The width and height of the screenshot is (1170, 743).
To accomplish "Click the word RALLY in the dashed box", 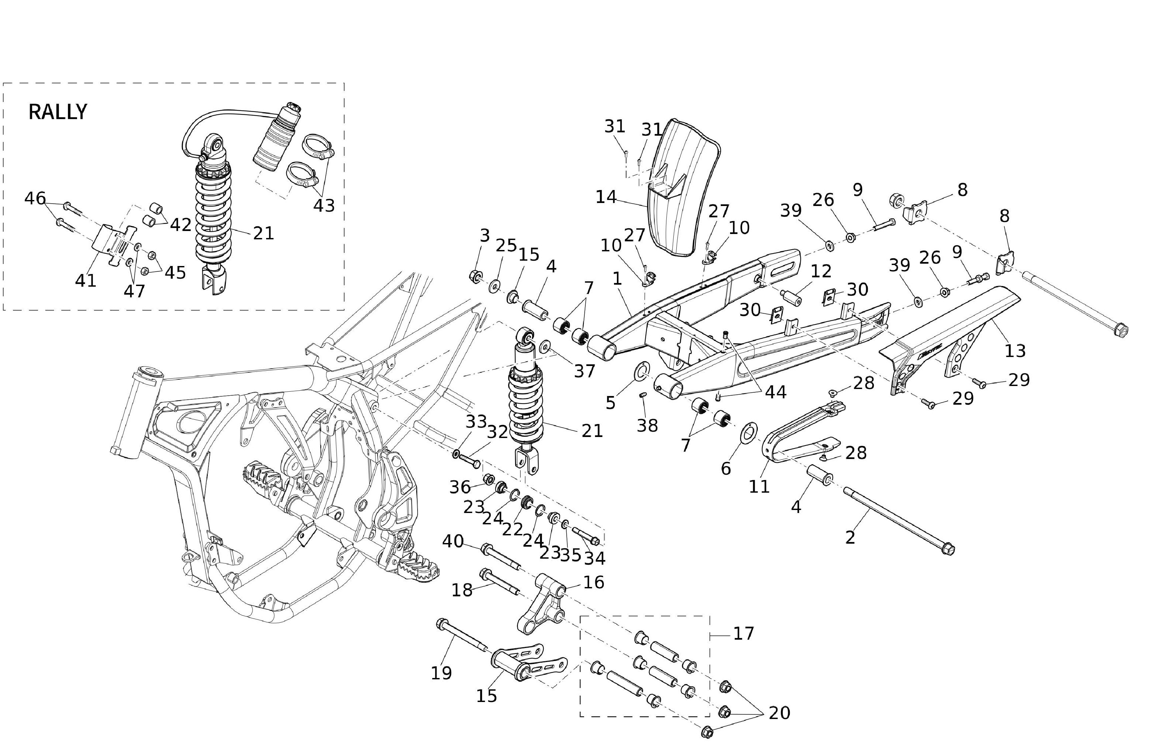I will click(58, 112).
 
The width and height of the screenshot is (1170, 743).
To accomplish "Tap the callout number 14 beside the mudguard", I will click(606, 197).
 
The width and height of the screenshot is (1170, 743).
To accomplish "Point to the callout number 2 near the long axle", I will click(850, 538).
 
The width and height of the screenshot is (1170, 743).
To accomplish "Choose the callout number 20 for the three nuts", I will click(779, 713).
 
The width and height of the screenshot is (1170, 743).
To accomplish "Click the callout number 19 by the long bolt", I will click(441, 673).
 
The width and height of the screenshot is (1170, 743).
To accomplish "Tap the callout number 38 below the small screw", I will click(647, 425).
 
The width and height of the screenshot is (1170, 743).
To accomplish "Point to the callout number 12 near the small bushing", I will click(821, 271).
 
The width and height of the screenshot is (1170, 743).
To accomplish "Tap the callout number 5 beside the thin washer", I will click(610, 403).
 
